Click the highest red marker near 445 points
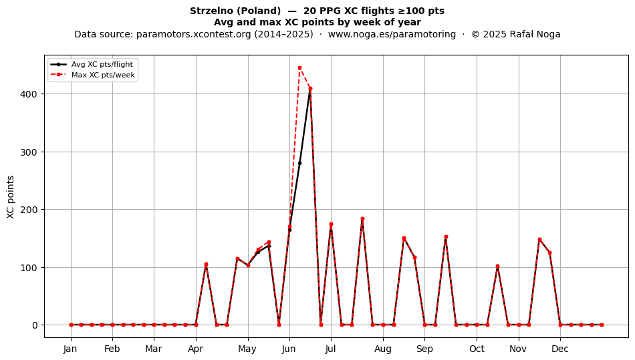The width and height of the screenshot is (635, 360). [x=299, y=68]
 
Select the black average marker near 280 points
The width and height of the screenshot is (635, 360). [x=299, y=164]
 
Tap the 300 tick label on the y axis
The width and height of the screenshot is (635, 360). [x=30, y=152]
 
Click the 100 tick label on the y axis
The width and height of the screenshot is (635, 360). [x=30, y=268]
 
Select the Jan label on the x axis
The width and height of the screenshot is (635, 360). [x=71, y=349]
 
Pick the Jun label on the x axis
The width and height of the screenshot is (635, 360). [x=289, y=349]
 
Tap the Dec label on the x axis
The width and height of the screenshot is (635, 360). [x=561, y=349]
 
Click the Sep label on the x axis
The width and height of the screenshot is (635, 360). [x=425, y=349]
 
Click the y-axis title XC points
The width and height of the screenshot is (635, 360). [x=11, y=198]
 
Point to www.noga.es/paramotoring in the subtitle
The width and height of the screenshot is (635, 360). [x=392, y=34]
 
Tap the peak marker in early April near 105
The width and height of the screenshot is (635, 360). [x=206, y=264]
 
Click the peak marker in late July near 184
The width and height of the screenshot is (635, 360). [x=362, y=219]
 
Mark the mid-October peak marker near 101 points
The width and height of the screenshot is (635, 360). [x=498, y=266]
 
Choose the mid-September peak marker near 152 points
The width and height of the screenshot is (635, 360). [x=446, y=237]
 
